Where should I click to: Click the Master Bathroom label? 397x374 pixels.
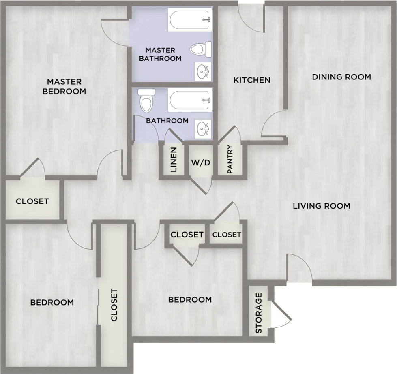click(160, 54)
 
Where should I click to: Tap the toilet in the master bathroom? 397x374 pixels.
click(200, 49)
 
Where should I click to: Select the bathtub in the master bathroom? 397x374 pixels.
click(190, 19)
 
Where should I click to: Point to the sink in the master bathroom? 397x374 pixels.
click(203, 72)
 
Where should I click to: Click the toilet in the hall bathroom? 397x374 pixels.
click(146, 101)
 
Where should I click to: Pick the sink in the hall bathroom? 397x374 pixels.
click(203, 129)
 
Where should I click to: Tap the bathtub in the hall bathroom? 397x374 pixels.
click(190, 100)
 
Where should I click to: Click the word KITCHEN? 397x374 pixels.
click(252, 80)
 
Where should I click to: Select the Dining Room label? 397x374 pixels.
click(341, 77)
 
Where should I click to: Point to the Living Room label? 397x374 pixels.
click(322, 206)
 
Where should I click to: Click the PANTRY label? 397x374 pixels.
click(230, 159)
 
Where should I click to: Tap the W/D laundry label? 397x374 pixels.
click(200, 162)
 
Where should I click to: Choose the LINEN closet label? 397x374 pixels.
click(174, 160)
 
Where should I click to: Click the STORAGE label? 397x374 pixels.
click(258, 313)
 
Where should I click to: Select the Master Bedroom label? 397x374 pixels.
click(64, 86)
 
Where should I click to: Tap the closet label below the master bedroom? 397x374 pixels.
click(32, 201)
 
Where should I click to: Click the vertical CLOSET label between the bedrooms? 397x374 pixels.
click(114, 305)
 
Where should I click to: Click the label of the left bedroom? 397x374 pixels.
click(52, 302)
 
